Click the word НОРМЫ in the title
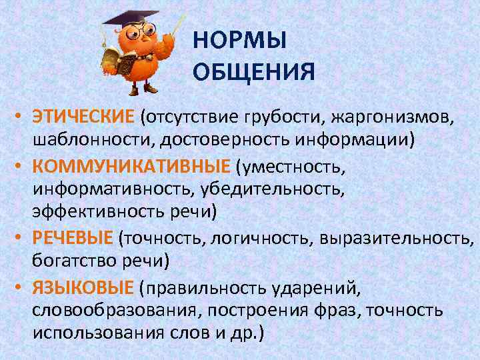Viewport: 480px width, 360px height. [239, 42]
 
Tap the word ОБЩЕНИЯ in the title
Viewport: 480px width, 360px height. [253, 71]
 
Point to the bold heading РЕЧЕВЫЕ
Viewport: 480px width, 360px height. [74, 238]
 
